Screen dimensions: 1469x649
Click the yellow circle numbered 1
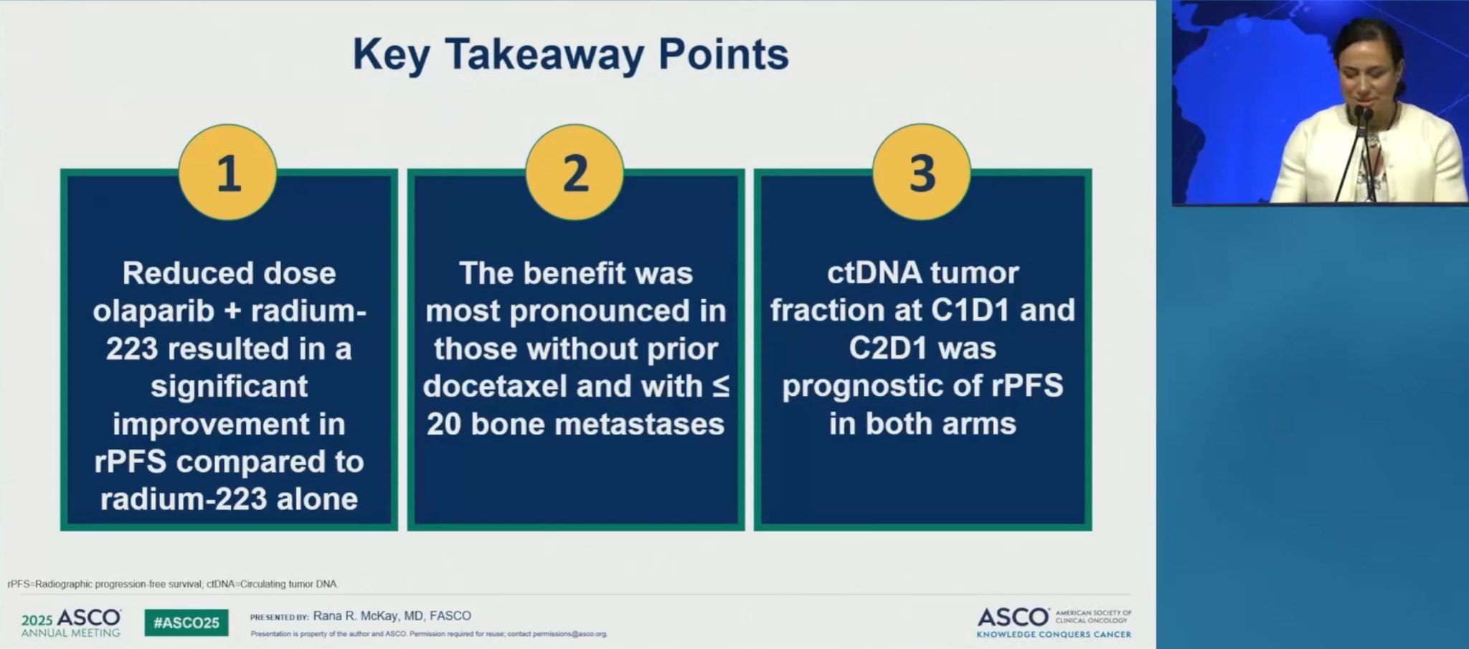click(228, 173)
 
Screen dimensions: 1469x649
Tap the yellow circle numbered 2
click(575, 173)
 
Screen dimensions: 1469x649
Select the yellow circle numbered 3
click(922, 173)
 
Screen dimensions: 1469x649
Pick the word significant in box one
click(229, 387)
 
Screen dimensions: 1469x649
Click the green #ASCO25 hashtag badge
click(186, 622)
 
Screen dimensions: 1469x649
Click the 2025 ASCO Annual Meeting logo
click(71, 622)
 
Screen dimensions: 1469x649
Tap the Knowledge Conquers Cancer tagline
click(1054, 634)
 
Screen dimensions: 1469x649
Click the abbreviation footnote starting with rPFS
click(173, 584)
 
